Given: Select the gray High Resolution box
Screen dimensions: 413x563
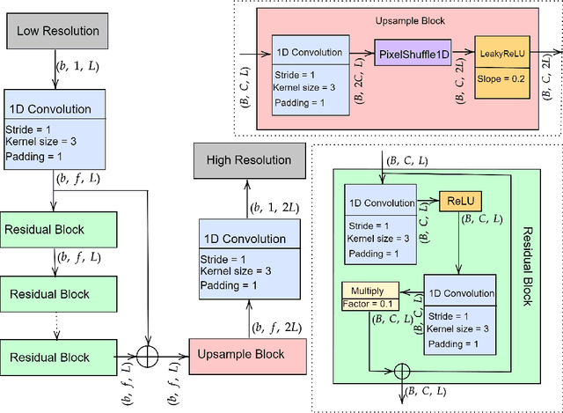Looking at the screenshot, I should point(248,159).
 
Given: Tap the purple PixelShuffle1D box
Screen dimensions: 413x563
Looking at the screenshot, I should point(413,55).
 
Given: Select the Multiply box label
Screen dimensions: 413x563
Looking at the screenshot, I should point(369,290).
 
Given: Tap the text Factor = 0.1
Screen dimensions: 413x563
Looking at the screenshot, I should point(369,304).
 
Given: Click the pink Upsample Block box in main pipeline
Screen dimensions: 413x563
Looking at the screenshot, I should point(248,358).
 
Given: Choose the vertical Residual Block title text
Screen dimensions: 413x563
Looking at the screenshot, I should point(527,264).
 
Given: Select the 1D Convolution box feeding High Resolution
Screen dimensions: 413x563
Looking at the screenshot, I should point(248,260).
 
